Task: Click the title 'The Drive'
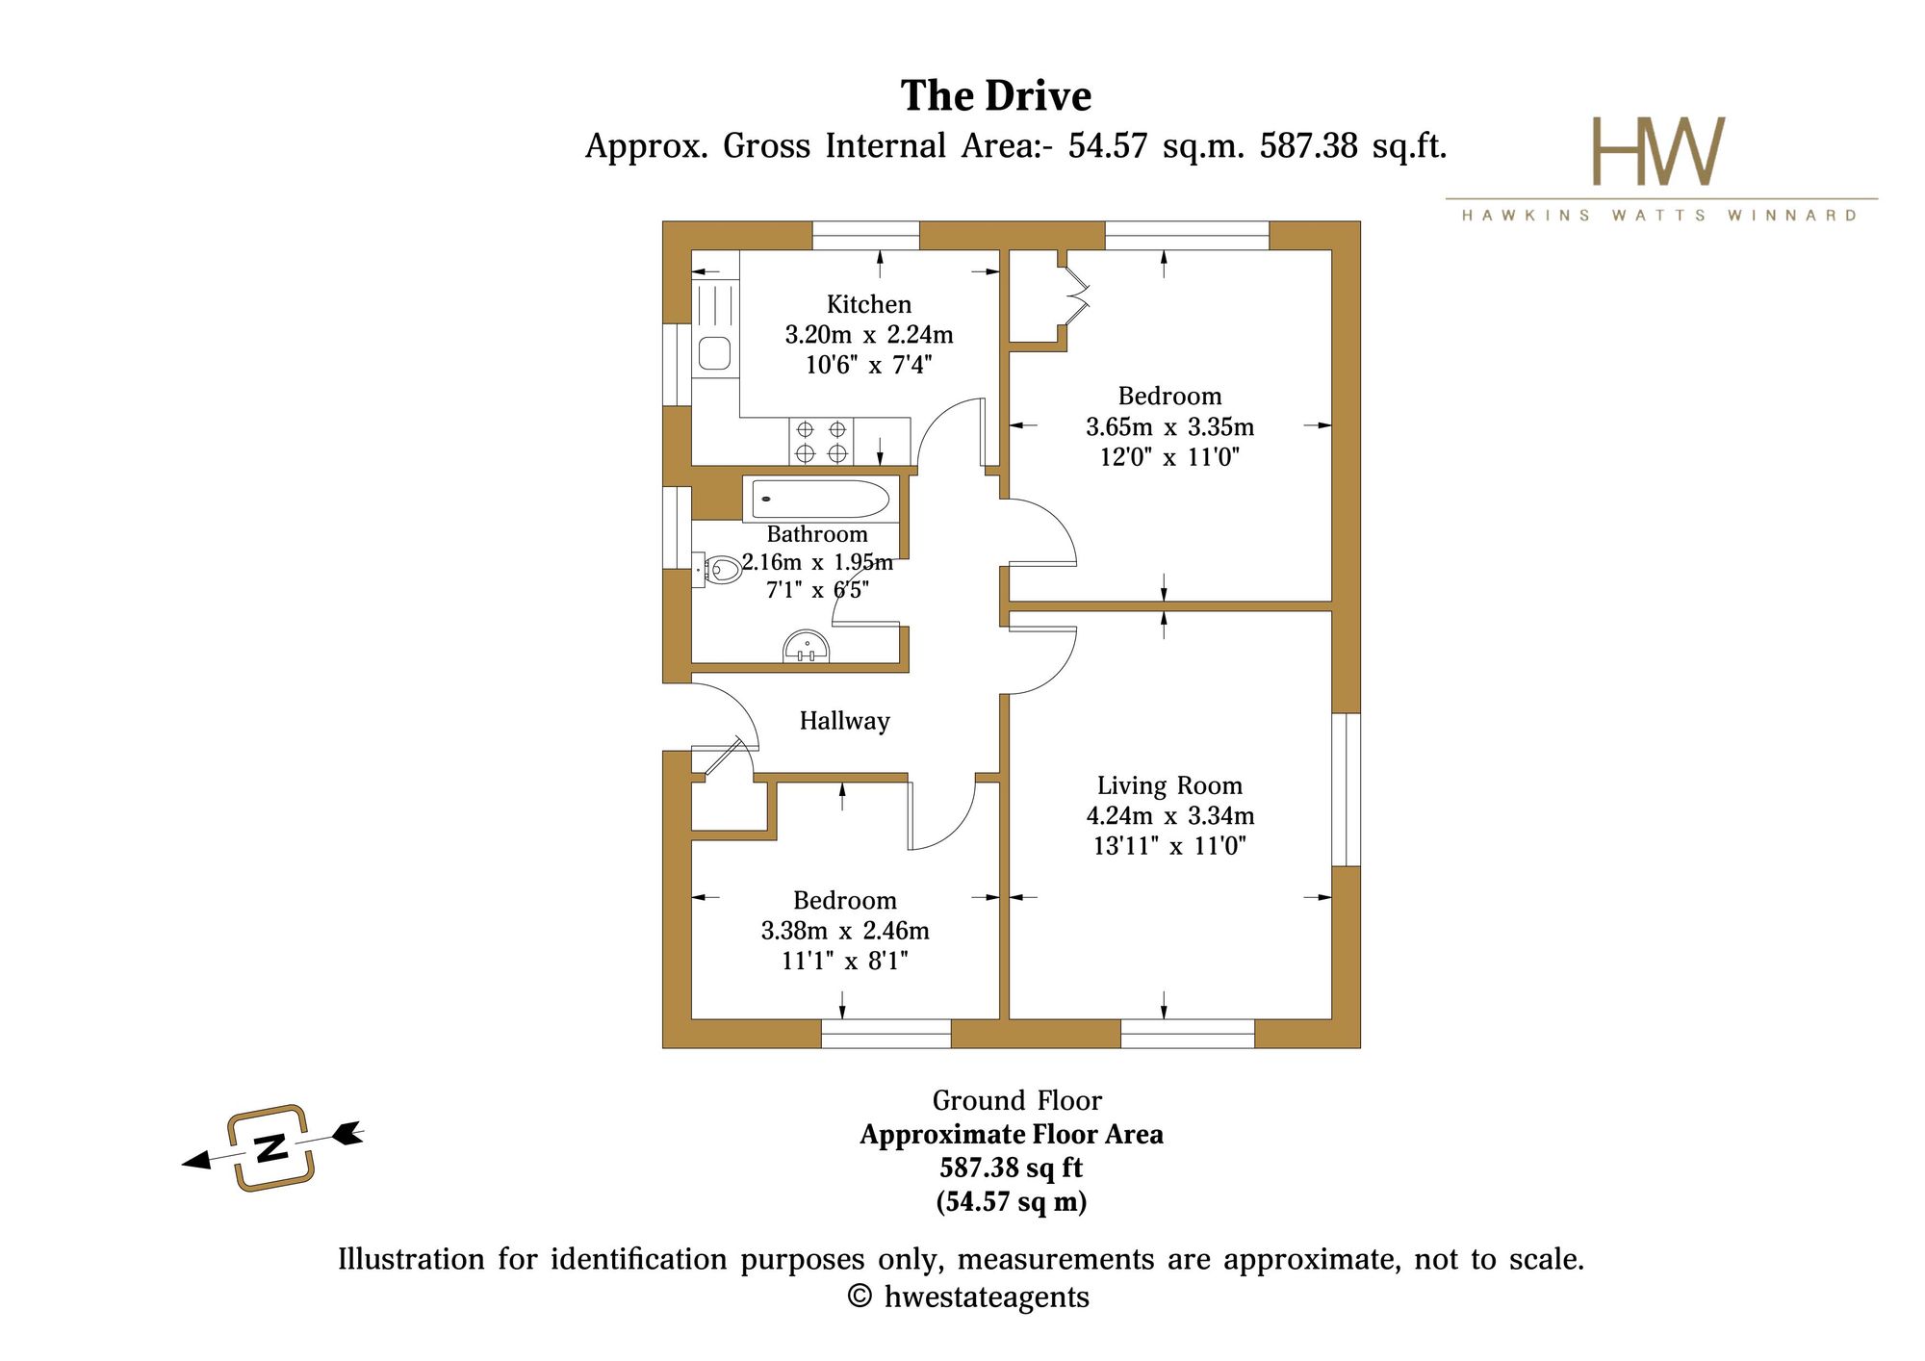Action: (x=996, y=95)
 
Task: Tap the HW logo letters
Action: (x=1658, y=151)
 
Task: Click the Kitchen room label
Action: (x=869, y=304)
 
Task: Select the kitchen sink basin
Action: (x=714, y=352)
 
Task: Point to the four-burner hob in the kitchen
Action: (x=821, y=442)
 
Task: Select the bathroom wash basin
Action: (x=807, y=647)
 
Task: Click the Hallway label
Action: (x=844, y=721)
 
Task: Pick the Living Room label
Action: (x=1169, y=785)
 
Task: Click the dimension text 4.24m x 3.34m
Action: (x=1170, y=816)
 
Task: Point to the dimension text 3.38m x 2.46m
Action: (x=845, y=931)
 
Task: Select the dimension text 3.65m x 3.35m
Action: (x=1170, y=426)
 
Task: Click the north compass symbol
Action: (x=272, y=1147)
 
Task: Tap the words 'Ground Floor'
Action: (x=1016, y=1100)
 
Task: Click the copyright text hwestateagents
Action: (x=968, y=1297)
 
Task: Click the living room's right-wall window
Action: (x=1346, y=789)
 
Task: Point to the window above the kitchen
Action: (x=866, y=236)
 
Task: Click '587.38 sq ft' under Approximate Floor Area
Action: (x=1012, y=1168)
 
